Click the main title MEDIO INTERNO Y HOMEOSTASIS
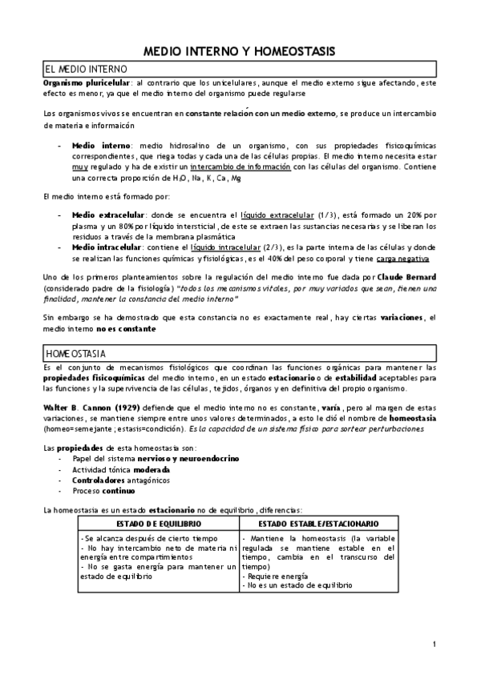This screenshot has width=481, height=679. click(239, 50)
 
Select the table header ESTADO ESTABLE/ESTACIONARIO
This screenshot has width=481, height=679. click(317, 523)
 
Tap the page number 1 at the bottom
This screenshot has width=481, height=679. click(434, 644)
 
